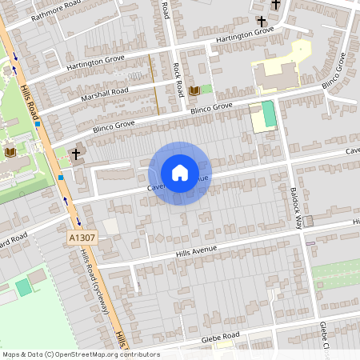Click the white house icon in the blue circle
[x=179, y=172]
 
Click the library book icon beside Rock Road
[x=194, y=91]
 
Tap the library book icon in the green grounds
[x=11, y=152]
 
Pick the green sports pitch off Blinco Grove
[x=269, y=114]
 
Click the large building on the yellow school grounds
[x=275, y=75]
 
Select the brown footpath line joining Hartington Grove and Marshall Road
[x=153, y=84]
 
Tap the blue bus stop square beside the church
[x=61, y=176]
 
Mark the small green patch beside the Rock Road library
[x=207, y=89]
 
